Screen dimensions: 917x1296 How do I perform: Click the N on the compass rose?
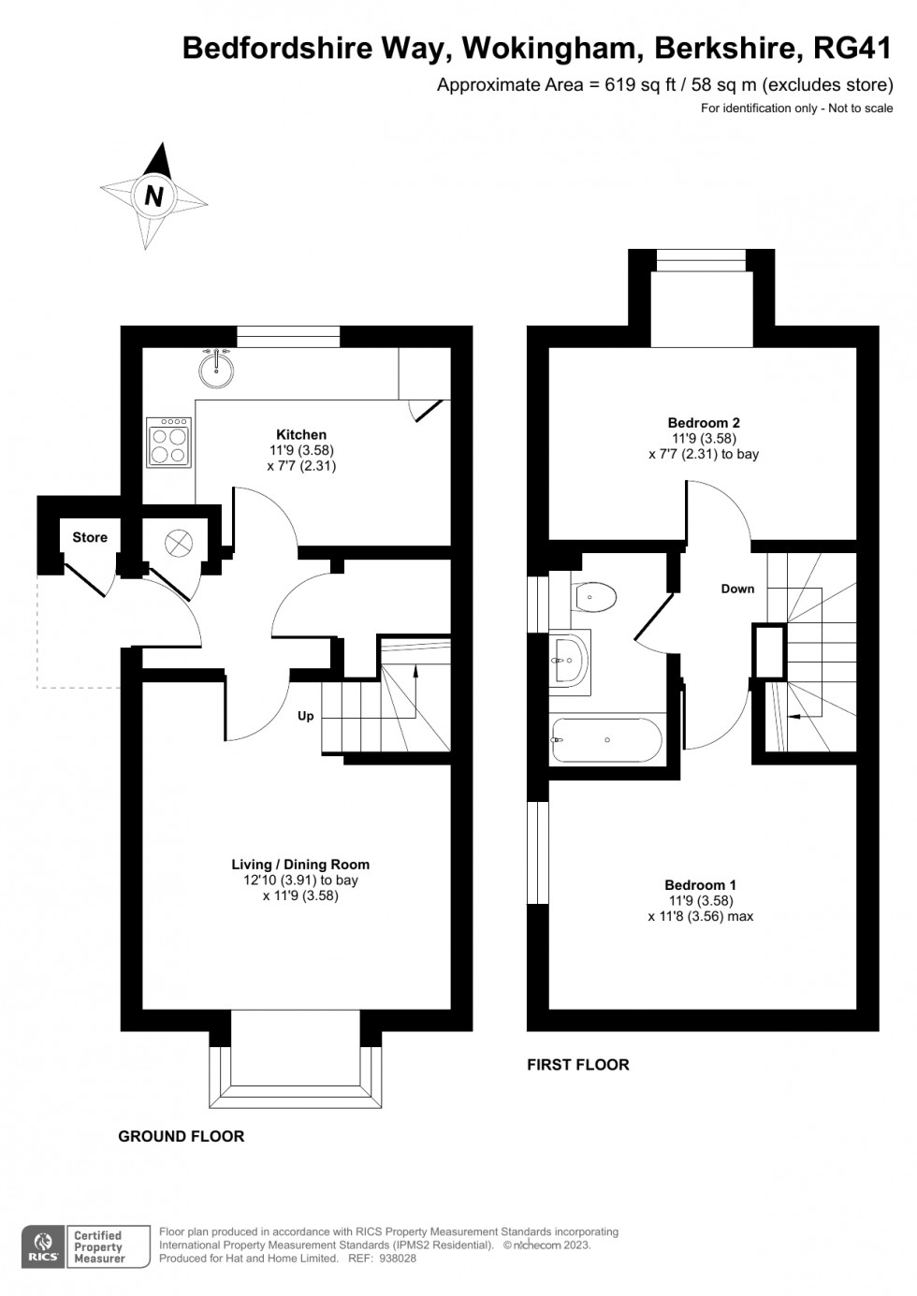[x=153, y=197]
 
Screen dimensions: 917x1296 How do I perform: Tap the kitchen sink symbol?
[x=216, y=368]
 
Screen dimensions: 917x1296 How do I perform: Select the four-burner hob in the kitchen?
[x=169, y=443]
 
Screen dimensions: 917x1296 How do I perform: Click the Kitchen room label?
[x=301, y=434]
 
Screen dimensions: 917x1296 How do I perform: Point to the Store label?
[x=90, y=537]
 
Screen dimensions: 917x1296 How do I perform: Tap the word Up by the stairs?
[x=305, y=716]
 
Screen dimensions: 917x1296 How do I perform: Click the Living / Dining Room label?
[x=300, y=865]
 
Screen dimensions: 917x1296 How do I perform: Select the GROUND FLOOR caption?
[x=182, y=1136]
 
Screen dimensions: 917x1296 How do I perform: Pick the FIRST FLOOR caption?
[x=578, y=1065]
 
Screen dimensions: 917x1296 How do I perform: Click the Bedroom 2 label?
[x=704, y=422]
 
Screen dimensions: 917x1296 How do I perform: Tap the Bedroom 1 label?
[x=700, y=884]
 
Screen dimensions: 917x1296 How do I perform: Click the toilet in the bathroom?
[x=593, y=595]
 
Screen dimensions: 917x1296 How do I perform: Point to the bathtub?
[x=607, y=740]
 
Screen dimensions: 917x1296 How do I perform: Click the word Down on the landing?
[x=737, y=589]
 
